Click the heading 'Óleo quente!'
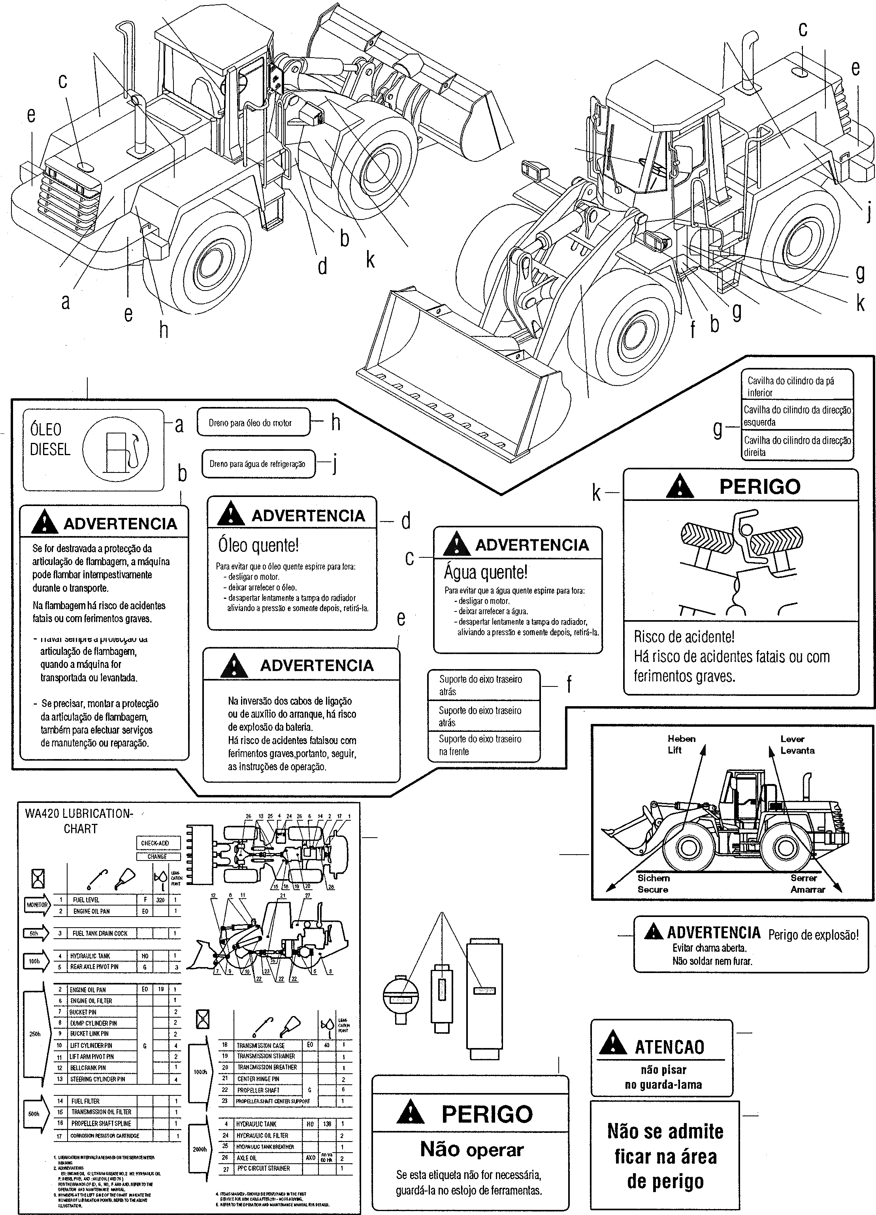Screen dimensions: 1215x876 point(258,546)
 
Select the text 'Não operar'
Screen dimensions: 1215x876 point(471,1149)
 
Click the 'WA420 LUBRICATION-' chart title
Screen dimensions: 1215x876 point(79,814)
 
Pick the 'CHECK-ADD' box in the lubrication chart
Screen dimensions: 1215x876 point(155,843)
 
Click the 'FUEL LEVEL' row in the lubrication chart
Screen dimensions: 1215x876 point(86,900)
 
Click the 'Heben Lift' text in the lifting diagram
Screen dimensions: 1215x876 point(681,744)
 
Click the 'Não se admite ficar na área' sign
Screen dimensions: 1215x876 point(665,1156)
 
